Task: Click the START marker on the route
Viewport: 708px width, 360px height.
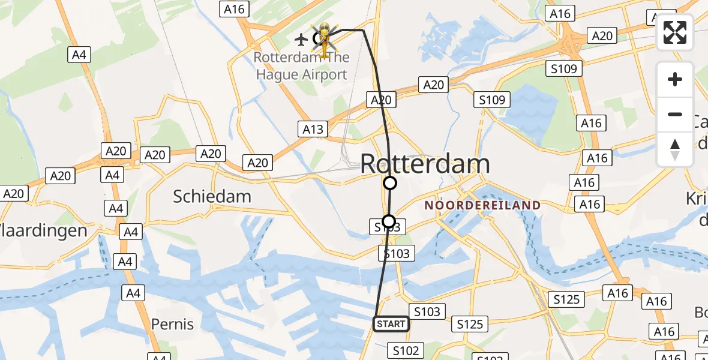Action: pyautogui.click(x=391, y=324)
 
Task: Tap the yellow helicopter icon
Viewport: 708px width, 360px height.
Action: pyautogui.click(x=324, y=39)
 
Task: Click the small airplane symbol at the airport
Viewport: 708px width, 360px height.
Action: pyautogui.click(x=301, y=40)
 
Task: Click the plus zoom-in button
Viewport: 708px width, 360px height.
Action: pyautogui.click(x=675, y=79)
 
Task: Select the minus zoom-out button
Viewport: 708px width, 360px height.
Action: pyautogui.click(x=675, y=114)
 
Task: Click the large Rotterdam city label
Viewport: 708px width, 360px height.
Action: pyautogui.click(x=425, y=164)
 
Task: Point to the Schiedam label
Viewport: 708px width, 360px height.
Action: pyautogui.click(x=212, y=196)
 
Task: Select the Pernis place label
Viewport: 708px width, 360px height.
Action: pyautogui.click(x=172, y=324)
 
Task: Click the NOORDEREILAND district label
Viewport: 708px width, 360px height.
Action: pyautogui.click(x=482, y=205)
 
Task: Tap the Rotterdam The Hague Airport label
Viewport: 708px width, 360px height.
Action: pyautogui.click(x=301, y=66)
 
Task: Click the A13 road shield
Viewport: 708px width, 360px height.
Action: pyautogui.click(x=313, y=129)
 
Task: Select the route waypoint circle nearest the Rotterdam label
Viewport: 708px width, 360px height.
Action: pyautogui.click(x=390, y=183)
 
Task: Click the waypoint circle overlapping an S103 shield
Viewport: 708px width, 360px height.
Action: pyautogui.click(x=389, y=221)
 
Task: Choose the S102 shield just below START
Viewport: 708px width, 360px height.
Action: pyautogui.click(x=406, y=350)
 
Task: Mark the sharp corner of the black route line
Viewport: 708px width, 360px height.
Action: pyautogui.click(x=363, y=30)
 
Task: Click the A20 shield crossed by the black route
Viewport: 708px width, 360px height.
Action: pyautogui.click(x=381, y=100)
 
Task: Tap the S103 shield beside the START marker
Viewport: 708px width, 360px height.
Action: pyautogui.click(x=427, y=311)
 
